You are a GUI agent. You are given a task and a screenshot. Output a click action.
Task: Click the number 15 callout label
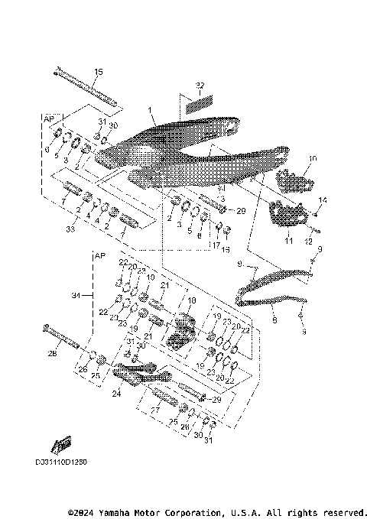(x=97, y=72)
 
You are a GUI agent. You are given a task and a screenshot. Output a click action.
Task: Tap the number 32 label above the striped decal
(x=199, y=84)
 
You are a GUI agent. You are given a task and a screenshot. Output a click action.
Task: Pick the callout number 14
(x=322, y=200)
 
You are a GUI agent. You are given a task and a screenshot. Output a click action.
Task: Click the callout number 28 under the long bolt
(x=53, y=354)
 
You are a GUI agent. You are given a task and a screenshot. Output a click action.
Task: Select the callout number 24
(x=117, y=395)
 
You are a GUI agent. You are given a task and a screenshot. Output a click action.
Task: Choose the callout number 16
(x=225, y=249)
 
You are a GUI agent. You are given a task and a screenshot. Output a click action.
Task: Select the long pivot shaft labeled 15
(x=84, y=86)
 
